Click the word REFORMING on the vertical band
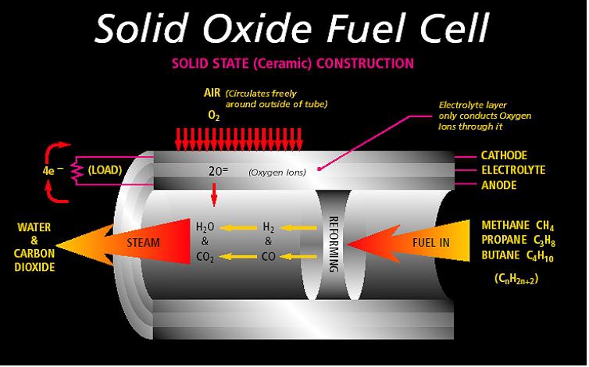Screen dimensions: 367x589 pyautogui.click(x=333, y=243)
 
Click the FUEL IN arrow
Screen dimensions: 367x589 pyautogui.click(x=414, y=242)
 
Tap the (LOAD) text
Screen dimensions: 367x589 pyautogui.click(x=104, y=169)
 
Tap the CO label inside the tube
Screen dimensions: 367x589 pyautogui.click(x=269, y=256)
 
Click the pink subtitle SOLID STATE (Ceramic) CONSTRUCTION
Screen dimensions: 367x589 pyautogui.click(x=294, y=62)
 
